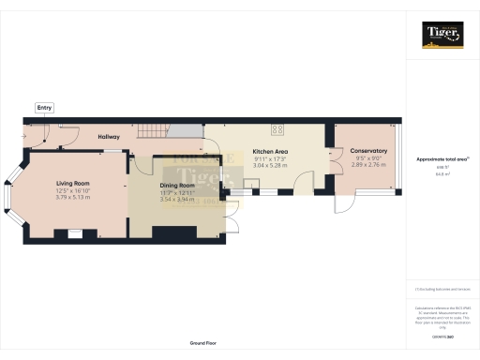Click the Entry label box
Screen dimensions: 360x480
(44, 108)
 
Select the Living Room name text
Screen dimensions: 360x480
(71, 184)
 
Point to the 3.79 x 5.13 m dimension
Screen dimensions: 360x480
(71, 197)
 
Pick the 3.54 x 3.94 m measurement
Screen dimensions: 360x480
(176, 199)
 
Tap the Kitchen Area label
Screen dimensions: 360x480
(270, 152)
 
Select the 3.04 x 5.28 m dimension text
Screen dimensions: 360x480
(270, 166)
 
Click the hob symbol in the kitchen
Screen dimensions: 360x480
(278, 130)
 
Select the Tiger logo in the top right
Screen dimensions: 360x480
(442, 35)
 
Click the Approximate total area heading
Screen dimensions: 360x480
(442, 159)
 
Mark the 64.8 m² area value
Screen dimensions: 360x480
(442, 174)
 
